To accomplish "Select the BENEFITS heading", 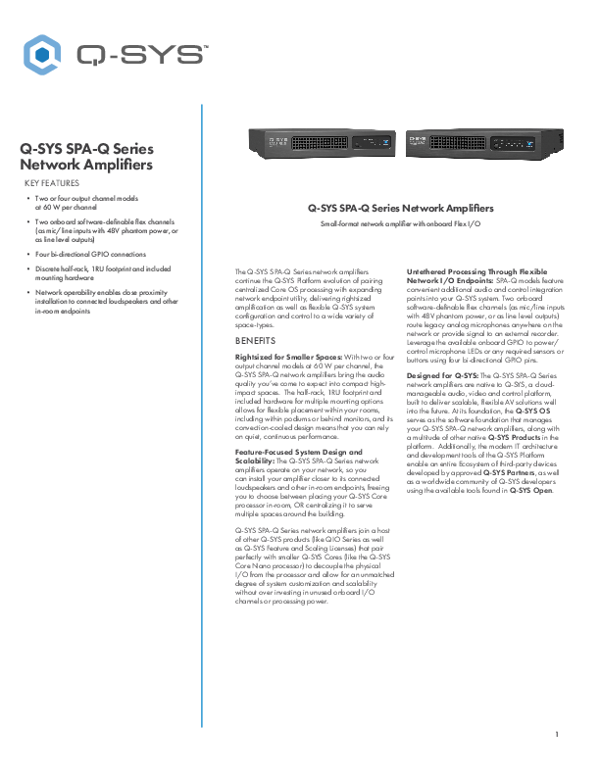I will tap(255, 341).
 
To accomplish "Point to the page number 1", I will tap(557, 734).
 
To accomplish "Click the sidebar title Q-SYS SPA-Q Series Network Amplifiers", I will tap(86, 157).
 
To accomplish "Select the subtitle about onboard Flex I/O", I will tap(400, 225).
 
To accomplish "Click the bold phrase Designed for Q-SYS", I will tap(442, 374).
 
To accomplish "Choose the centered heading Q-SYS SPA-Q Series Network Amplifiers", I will tap(400, 208).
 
